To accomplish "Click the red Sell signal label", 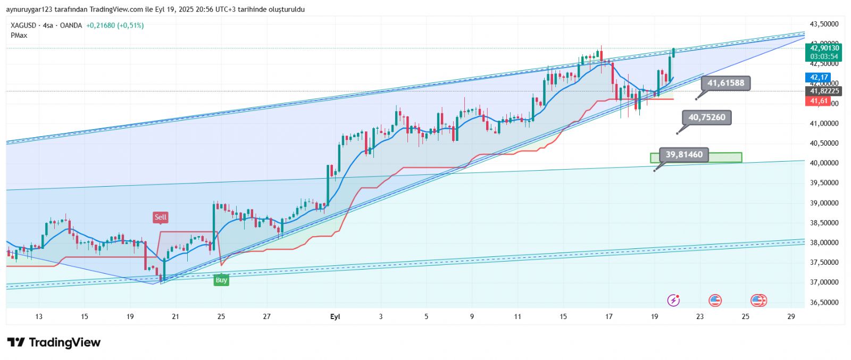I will [x=160, y=217].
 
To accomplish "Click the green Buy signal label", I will [x=221, y=280].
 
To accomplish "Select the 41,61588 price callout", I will [x=725, y=83].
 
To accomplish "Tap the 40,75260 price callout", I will [x=706, y=118].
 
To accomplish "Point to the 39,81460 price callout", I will [x=684, y=155].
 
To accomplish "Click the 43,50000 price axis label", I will [x=824, y=24].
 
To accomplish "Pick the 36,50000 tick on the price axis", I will [x=824, y=303].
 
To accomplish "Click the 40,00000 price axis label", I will [x=824, y=163].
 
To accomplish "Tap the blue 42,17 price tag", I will [x=819, y=78].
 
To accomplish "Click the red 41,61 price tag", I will [x=819, y=101].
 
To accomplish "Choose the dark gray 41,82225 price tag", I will [x=824, y=91].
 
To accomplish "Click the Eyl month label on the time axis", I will [x=335, y=317].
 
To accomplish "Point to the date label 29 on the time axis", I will [x=791, y=317].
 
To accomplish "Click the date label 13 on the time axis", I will [x=39, y=317].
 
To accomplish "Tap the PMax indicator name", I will [x=19, y=36].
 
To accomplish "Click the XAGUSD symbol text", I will [x=23, y=26].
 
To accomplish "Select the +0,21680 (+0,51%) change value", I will [x=115, y=26].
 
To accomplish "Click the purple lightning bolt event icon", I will [x=673, y=300].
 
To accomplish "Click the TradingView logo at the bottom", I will [x=54, y=342].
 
